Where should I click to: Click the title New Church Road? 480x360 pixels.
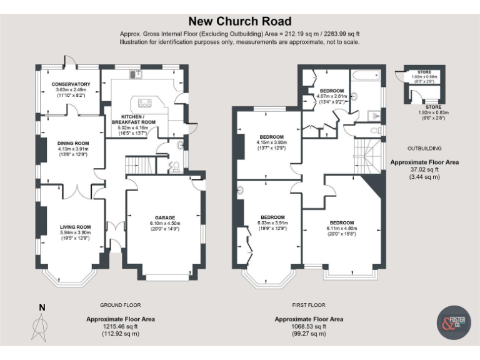coord(240,21)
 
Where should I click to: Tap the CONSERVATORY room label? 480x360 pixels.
coord(71,84)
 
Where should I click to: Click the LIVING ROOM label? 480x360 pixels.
coord(76,227)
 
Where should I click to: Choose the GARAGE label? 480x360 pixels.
coord(165,217)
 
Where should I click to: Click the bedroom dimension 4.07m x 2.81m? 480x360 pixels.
coord(331,96)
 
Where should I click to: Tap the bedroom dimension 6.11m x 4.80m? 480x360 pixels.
coord(341,229)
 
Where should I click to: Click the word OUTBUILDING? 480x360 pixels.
coord(424,148)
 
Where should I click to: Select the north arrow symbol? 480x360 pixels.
coord(42,322)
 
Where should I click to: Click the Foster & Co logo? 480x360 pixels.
coord(452,322)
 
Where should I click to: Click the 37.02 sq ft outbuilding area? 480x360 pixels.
coord(424,169)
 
